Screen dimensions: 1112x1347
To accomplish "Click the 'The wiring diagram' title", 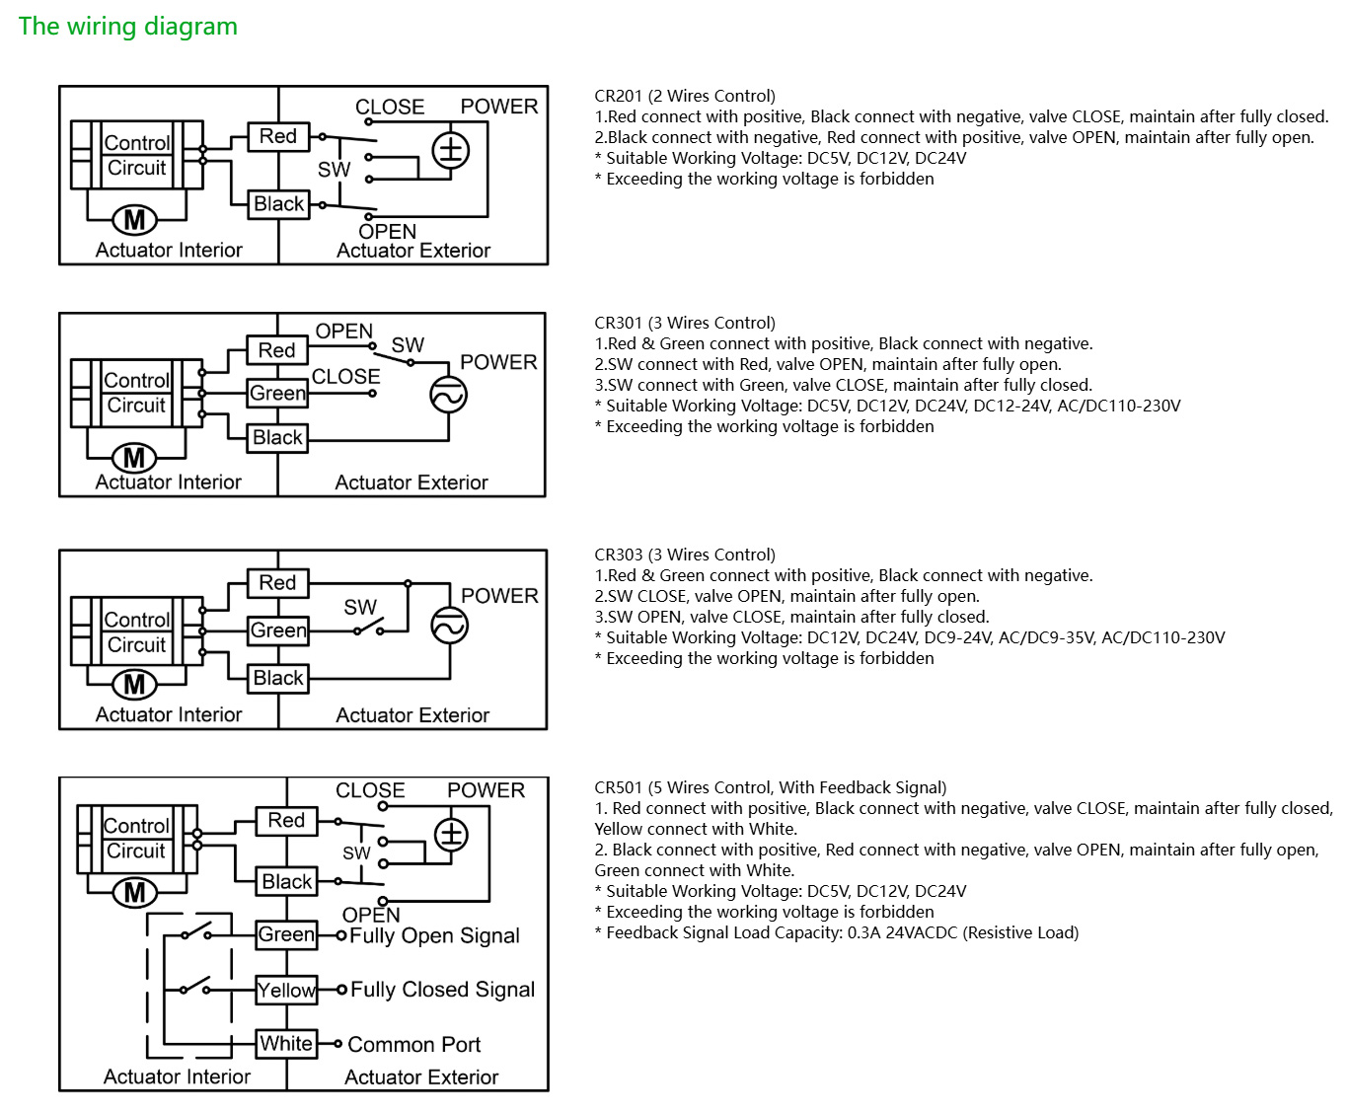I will tap(128, 27).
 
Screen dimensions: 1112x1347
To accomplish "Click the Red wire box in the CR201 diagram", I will tap(278, 136).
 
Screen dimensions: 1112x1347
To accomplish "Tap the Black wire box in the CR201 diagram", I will tap(278, 204).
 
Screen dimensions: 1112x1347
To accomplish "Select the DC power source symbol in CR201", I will tap(451, 151).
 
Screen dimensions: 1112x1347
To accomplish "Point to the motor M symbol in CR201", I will tap(135, 219).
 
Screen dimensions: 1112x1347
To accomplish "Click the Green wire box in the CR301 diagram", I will tap(277, 393).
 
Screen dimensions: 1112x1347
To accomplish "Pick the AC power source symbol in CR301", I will tap(448, 395).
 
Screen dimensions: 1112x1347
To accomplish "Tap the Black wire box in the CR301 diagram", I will tap(277, 437).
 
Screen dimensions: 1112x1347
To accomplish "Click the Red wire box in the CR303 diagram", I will tap(277, 583).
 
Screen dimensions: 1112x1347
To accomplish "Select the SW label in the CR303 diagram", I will tap(360, 607).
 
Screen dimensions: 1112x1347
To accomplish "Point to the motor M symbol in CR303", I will tap(135, 684).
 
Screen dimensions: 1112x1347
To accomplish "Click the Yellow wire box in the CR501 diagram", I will tap(287, 990).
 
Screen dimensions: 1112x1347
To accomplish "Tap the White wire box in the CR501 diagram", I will tap(287, 1044).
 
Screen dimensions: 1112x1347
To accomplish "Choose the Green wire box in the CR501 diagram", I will tap(287, 934).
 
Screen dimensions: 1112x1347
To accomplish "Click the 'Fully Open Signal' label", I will tap(434, 935).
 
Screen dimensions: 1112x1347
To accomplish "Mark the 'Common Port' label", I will tap(414, 1044).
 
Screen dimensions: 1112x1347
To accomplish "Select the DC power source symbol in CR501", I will tap(451, 835).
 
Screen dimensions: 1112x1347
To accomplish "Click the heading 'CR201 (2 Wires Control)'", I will tap(685, 96).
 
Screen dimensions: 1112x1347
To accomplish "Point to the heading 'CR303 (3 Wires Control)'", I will tap(685, 555).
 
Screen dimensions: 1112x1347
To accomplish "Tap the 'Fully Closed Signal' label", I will tap(442, 990).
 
